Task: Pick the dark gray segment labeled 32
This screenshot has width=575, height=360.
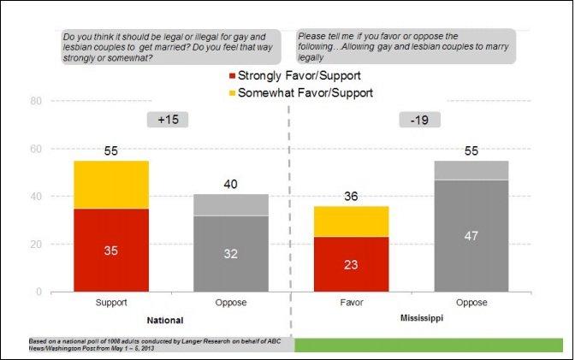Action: [x=231, y=253]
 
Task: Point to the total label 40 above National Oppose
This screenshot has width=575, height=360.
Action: [x=231, y=184]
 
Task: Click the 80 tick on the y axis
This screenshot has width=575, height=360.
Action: [x=36, y=101]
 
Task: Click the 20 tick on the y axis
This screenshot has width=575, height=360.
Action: [x=36, y=245]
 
